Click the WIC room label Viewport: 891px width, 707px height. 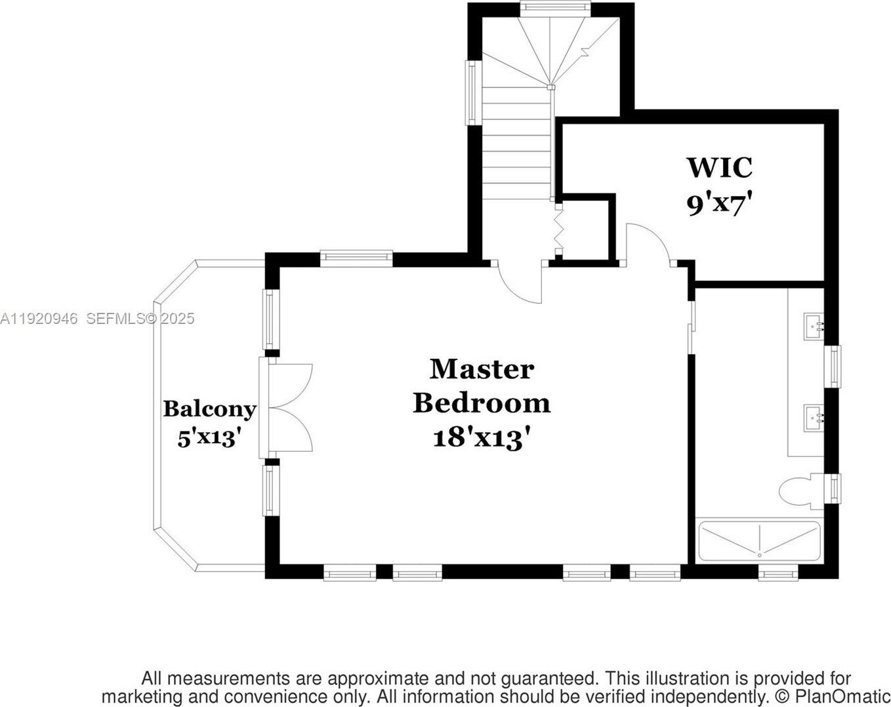click(719, 167)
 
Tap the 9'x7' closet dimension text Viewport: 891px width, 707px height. click(718, 204)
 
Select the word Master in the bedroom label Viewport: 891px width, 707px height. click(482, 369)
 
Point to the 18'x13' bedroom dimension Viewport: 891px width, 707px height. click(482, 437)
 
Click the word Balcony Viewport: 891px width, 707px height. click(209, 409)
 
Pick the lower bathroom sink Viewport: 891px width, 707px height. click(814, 416)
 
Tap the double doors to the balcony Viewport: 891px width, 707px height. click(289, 407)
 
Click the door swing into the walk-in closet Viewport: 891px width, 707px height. click(648, 243)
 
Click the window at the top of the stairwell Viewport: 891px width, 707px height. click(553, 7)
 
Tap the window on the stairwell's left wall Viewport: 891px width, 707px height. click(472, 92)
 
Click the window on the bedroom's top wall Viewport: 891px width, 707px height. click(356, 257)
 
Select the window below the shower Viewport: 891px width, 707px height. click(777, 574)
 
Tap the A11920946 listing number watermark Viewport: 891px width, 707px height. click(39, 319)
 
